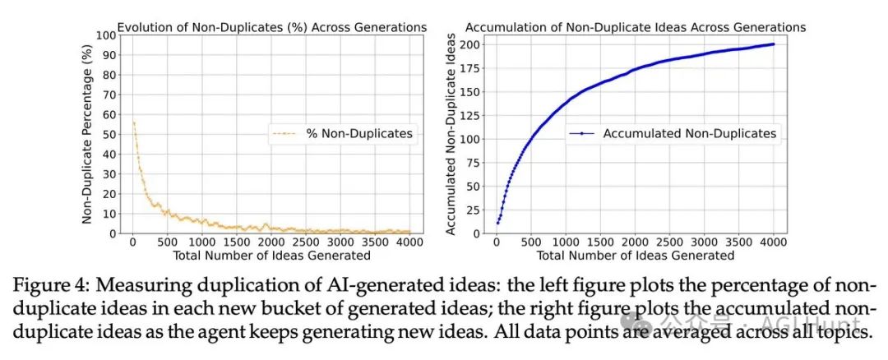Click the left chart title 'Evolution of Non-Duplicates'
(272, 27)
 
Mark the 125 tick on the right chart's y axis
(469, 116)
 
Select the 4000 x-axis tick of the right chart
(772, 242)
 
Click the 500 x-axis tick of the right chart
(530, 242)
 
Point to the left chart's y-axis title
(87, 135)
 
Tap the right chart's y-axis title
(451, 135)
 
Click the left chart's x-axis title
(272, 255)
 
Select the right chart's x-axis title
(636, 255)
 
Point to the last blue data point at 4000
(773, 44)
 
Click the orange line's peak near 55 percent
(133, 122)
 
